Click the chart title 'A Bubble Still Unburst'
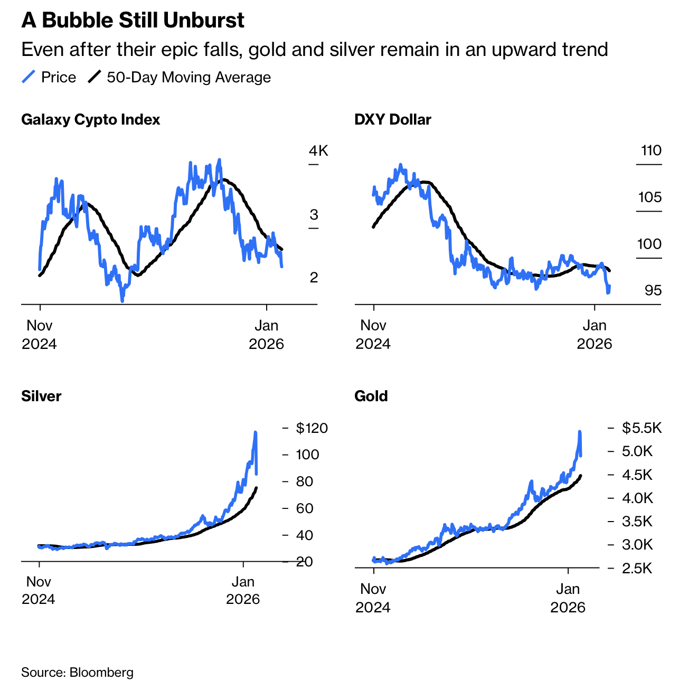(133, 21)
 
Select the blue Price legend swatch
(29, 77)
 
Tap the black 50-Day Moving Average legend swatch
(95, 77)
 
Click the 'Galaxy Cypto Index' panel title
(90, 120)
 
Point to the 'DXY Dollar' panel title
(392, 120)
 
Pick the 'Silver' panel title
(41, 396)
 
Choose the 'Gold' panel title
(371, 396)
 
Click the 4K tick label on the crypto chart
(318, 151)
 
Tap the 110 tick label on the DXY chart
(651, 151)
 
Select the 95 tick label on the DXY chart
(653, 290)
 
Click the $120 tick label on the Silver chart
(312, 428)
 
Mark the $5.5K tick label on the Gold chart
(642, 428)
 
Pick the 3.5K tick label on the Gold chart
(637, 522)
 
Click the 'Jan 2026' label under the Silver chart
(243, 590)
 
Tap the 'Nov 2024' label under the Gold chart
(373, 598)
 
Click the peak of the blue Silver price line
(256, 432)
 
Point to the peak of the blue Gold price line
(580, 432)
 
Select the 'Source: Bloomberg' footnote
(77, 673)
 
